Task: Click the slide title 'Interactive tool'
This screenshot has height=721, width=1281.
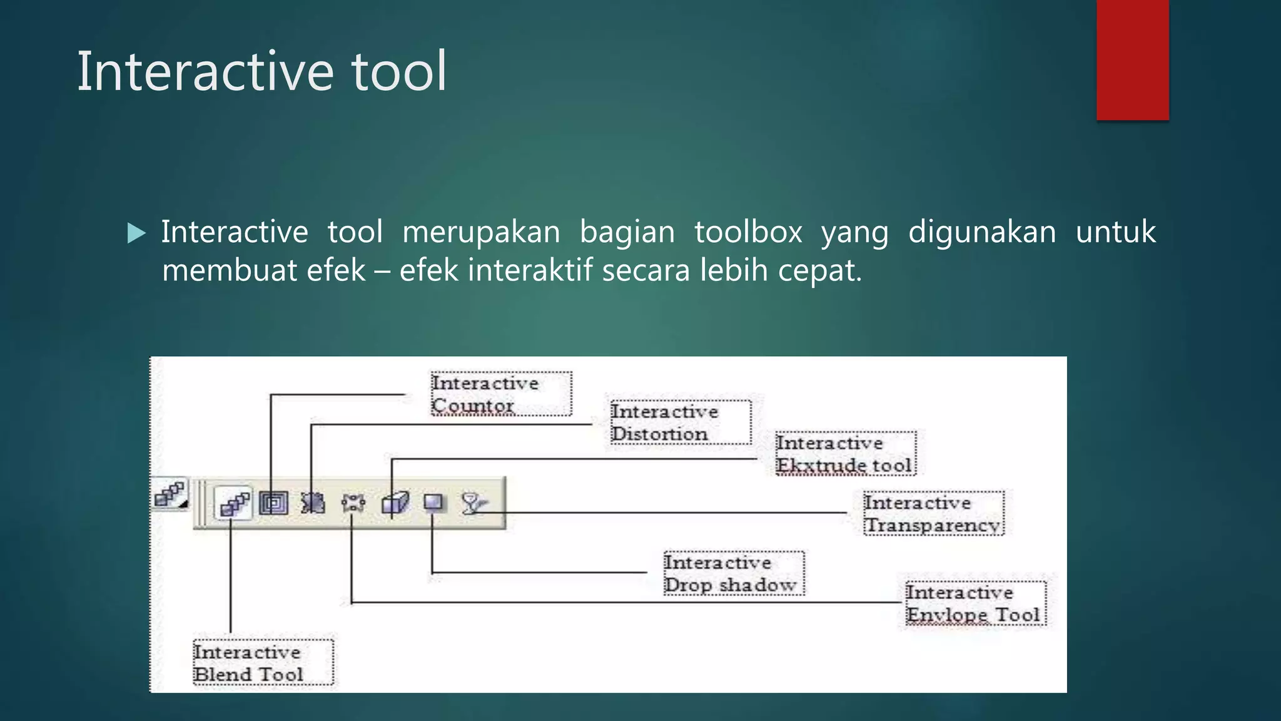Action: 261,71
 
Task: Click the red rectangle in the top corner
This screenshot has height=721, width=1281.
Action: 1132,59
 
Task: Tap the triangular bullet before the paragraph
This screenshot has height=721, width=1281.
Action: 136,233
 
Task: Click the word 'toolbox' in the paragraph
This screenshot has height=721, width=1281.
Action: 748,232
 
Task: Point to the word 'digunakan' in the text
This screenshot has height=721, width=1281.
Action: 981,232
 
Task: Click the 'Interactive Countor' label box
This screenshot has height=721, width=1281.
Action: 500,394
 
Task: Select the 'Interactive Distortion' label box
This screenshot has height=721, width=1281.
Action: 680,422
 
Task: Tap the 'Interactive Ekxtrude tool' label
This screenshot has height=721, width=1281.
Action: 844,454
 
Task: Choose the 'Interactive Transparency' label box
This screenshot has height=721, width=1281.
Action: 933,513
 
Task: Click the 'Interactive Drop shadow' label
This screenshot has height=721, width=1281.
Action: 733,573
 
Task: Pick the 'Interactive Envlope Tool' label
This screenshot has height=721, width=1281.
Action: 975,603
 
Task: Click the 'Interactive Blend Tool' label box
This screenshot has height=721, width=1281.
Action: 263,663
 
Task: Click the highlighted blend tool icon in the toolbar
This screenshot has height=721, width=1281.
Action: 234,503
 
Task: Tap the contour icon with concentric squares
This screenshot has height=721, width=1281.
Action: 273,503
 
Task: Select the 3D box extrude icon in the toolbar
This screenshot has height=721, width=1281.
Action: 395,503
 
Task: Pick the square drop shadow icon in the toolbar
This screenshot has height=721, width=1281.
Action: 433,503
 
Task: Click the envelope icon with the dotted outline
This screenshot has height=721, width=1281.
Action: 353,503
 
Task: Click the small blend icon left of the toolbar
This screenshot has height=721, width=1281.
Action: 170,494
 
